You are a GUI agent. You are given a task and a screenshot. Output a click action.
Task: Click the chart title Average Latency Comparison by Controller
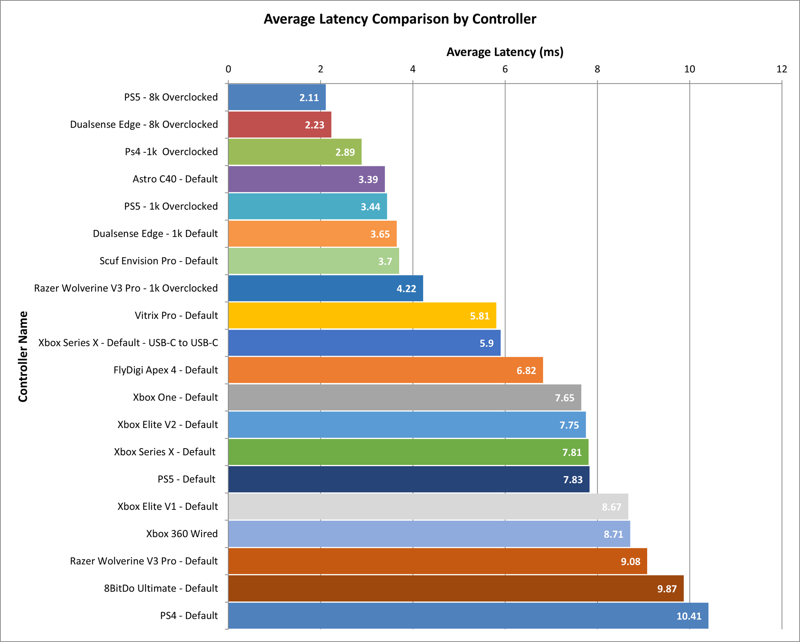(400, 19)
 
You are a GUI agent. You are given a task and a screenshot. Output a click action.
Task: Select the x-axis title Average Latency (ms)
(505, 52)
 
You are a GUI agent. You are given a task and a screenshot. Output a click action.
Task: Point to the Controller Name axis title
(23, 356)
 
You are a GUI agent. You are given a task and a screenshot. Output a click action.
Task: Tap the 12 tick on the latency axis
(782, 69)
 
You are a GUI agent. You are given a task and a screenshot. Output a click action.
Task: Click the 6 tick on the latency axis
(505, 69)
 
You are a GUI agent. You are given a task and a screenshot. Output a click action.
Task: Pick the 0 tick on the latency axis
(228, 69)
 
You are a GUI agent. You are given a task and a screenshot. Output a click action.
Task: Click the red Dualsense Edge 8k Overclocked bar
(280, 125)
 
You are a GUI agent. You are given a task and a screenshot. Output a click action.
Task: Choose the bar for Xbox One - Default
(404, 397)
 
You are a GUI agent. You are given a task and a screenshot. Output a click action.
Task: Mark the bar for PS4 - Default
(468, 616)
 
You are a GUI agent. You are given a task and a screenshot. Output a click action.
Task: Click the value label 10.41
(689, 616)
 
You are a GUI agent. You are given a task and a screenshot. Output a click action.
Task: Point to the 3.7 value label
(385, 262)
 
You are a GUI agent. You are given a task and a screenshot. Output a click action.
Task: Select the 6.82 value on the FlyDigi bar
(526, 370)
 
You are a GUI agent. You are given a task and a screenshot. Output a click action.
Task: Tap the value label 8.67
(612, 507)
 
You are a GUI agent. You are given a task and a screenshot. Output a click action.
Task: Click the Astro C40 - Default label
(175, 179)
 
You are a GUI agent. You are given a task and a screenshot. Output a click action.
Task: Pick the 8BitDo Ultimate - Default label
(161, 588)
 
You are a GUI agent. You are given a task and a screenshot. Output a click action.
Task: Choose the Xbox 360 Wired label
(182, 534)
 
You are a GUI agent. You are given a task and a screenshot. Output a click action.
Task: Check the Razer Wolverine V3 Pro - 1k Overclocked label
(126, 288)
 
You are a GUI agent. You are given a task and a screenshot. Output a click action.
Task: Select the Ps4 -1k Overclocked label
(171, 152)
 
